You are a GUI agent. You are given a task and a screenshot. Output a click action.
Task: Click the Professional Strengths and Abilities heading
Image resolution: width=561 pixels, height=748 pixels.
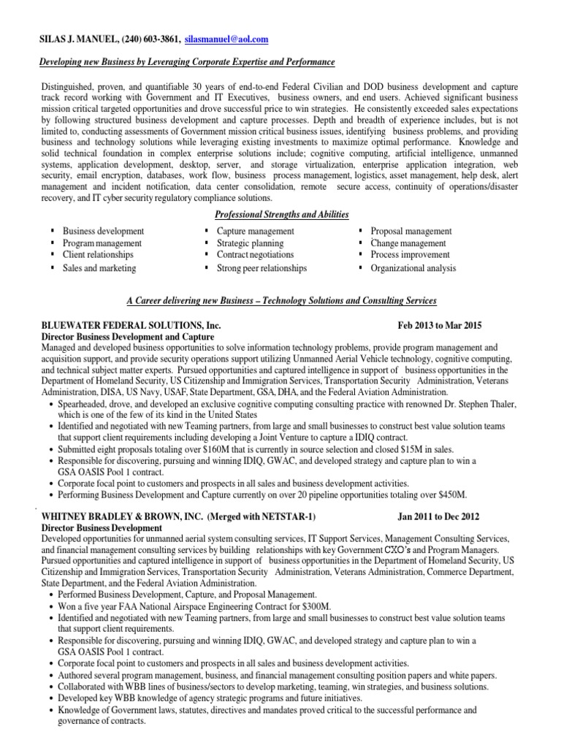click(x=281, y=214)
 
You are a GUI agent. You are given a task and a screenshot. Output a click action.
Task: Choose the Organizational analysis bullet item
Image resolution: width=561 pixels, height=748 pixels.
click(x=413, y=268)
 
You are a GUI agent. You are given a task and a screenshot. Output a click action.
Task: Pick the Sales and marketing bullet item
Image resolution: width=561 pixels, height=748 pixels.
click(x=99, y=268)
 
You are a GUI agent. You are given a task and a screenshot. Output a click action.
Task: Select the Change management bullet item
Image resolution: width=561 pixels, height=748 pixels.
click(x=408, y=243)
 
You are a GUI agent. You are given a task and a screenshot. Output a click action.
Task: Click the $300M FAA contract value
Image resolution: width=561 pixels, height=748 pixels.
click(x=316, y=606)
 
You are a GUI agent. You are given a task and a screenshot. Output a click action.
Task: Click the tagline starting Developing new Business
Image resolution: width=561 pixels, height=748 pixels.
click(x=186, y=63)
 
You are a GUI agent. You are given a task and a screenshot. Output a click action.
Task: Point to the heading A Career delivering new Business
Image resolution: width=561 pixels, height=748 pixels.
click(x=280, y=300)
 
